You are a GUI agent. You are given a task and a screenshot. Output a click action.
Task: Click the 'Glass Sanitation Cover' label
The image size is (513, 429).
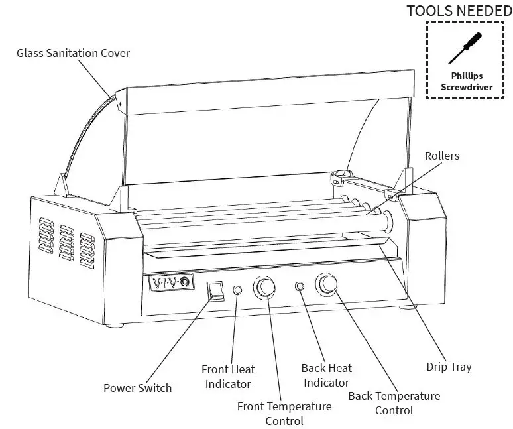click(x=73, y=52)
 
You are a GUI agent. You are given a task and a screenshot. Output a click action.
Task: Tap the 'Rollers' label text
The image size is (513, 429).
click(x=442, y=156)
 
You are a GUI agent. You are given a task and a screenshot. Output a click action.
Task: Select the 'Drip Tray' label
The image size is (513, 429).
click(x=449, y=366)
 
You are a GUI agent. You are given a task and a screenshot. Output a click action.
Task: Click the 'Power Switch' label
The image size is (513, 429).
click(x=137, y=388)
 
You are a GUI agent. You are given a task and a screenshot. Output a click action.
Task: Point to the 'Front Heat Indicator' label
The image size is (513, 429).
click(x=228, y=377)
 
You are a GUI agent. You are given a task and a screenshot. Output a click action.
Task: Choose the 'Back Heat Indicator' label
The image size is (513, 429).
click(x=326, y=375)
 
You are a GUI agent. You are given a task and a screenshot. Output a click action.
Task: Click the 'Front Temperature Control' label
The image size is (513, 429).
click(x=284, y=414)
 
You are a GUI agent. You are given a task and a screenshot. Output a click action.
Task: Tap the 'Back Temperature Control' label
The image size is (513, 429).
click(x=394, y=403)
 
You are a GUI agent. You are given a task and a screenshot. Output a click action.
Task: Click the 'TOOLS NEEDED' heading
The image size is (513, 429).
click(x=458, y=11)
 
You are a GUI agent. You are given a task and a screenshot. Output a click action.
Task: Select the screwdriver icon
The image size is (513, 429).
click(x=465, y=48)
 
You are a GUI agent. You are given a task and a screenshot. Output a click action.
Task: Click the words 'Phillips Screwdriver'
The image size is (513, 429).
click(x=467, y=82)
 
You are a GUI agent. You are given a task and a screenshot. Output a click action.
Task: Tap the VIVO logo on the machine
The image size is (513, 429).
click(x=170, y=282)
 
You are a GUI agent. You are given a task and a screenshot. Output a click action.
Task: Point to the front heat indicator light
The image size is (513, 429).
click(x=239, y=289)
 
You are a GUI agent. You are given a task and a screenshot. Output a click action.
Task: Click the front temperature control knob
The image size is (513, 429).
click(x=265, y=286)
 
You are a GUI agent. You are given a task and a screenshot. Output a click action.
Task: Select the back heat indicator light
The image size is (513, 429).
click(x=300, y=286)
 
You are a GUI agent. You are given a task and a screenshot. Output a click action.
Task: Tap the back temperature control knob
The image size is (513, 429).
click(x=327, y=284)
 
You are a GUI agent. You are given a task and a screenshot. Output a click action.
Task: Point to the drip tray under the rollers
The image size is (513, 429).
click(x=265, y=249)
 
